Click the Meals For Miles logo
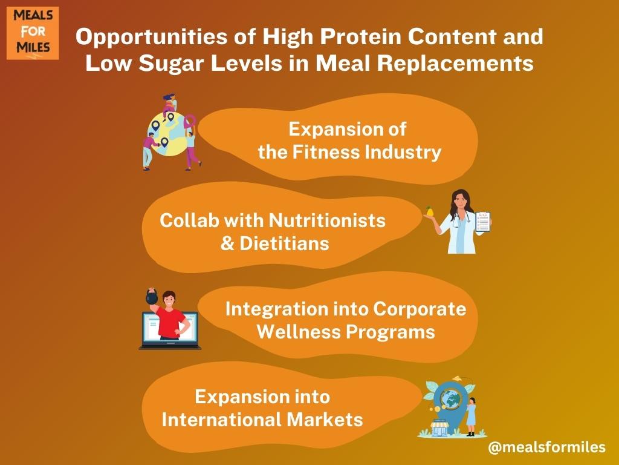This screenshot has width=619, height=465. click(33, 33)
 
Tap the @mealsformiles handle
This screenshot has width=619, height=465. click(546, 447)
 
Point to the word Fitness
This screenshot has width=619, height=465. click(326, 152)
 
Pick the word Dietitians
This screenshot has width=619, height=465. click(284, 243)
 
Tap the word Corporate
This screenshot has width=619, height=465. click(420, 309)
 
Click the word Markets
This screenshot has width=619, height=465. click(325, 419)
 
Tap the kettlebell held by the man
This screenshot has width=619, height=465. click(152, 296)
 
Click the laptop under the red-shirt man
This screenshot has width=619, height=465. click(170, 331)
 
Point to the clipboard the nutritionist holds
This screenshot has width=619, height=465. click(483, 222)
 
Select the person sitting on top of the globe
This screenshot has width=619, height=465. click(170, 105)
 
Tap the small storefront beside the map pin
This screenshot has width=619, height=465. click(439, 428)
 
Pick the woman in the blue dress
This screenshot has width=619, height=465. click(471, 417)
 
